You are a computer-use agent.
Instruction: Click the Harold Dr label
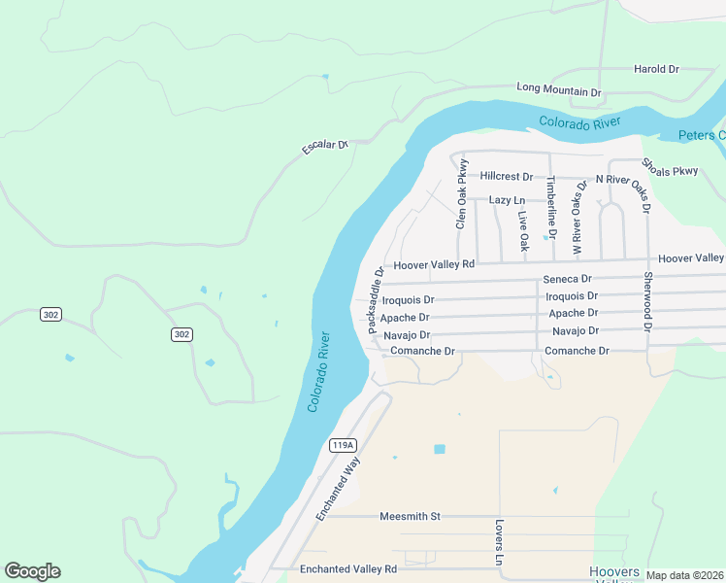(x=656, y=70)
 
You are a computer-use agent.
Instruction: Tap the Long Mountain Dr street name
(x=559, y=90)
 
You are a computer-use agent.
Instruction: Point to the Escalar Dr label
(x=325, y=146)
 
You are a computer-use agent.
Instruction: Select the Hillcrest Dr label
(x=507, y=177)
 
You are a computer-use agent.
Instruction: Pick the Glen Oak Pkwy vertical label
(x=463, y=194)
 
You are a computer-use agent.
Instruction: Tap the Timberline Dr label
(x=550, y=207)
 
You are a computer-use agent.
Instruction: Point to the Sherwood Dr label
(x=647, y=300)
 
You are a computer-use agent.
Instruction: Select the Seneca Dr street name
(x=566, y=279)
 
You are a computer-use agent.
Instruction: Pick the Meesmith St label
(x=410, y=516)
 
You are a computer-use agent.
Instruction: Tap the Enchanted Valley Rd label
(x=348, y=569)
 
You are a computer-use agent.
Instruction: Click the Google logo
(x=32, y=571)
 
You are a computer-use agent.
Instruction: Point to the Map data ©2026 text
(x=684, y=575)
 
